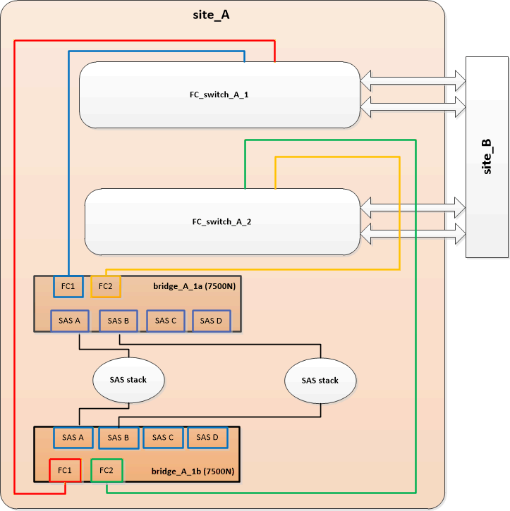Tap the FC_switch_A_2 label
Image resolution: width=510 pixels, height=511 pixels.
221,221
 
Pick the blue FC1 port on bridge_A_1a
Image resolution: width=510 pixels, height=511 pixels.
68,287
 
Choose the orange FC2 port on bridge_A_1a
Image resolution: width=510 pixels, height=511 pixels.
106,287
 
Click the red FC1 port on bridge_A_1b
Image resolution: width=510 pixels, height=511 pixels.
65,470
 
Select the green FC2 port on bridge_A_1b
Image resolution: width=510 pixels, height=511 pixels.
107,470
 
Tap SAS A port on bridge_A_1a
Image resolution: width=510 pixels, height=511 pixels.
69,321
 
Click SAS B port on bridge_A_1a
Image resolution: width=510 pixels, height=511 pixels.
118,321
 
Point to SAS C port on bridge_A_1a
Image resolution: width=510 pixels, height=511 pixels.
165,321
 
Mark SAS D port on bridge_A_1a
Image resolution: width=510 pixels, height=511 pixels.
211,321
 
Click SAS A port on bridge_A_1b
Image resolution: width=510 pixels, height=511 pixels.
73,438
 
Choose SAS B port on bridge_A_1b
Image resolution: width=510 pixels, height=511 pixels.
118,438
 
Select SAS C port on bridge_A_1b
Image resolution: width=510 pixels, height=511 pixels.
163,438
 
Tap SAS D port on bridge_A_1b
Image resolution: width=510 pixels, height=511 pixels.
207,438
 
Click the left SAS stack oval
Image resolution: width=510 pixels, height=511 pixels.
128,380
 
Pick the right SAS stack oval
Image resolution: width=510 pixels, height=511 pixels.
320,381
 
